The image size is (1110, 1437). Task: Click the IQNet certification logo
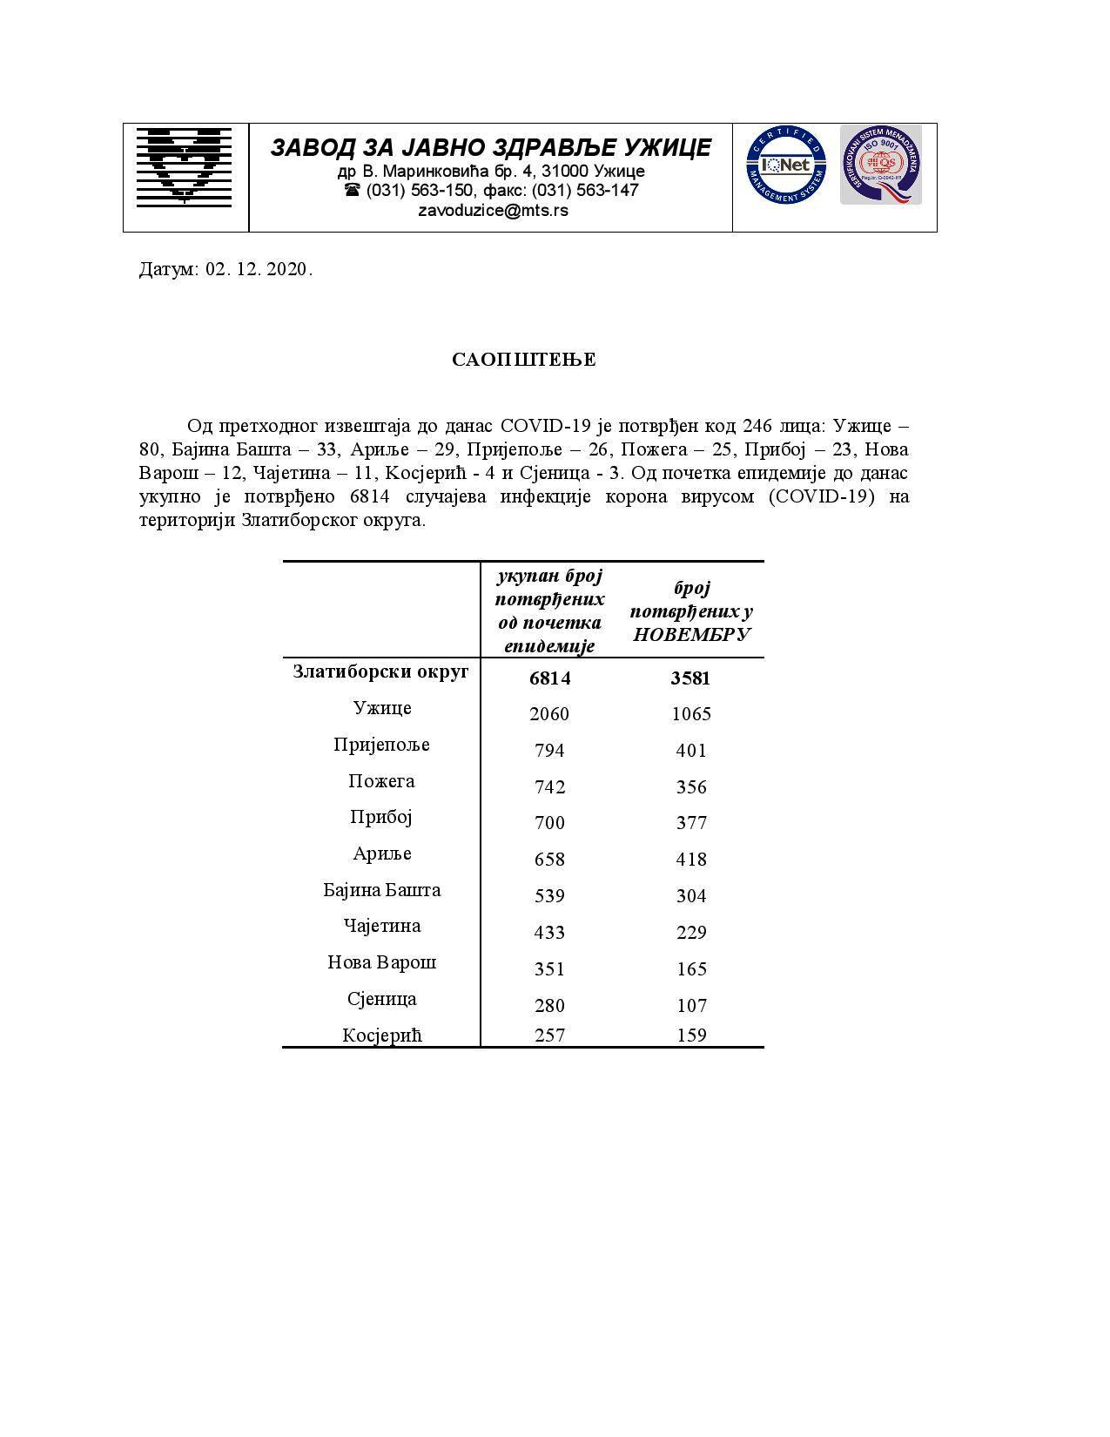[x=785, y=165]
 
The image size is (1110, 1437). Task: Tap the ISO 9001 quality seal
[x=880, y=165]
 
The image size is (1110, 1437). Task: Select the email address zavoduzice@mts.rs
[x=493, y=210]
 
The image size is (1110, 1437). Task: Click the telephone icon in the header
[x=352, y=190]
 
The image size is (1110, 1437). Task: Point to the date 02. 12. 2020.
[x=259, y=269]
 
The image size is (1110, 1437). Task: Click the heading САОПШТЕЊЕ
[x=524, y=360]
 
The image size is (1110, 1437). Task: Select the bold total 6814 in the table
[x=549, y=678]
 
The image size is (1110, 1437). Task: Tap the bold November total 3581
[x=690, y=678]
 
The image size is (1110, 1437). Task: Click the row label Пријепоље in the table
[x=381, y=745]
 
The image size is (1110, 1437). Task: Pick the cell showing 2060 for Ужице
[x=549, y=714]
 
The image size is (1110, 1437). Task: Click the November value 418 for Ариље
[x=691, y=860]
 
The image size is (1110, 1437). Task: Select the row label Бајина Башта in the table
[x=381, y=890]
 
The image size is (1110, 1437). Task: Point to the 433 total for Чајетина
[x=549, y=933]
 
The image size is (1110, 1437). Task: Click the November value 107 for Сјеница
[x=691, y=1006]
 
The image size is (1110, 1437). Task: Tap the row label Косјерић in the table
[x=381, y=1035]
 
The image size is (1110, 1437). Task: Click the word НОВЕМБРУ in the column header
[x=691, y=634]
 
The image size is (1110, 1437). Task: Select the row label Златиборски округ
[x=380, y=671]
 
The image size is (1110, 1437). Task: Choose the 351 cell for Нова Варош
[x=549, y=969]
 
